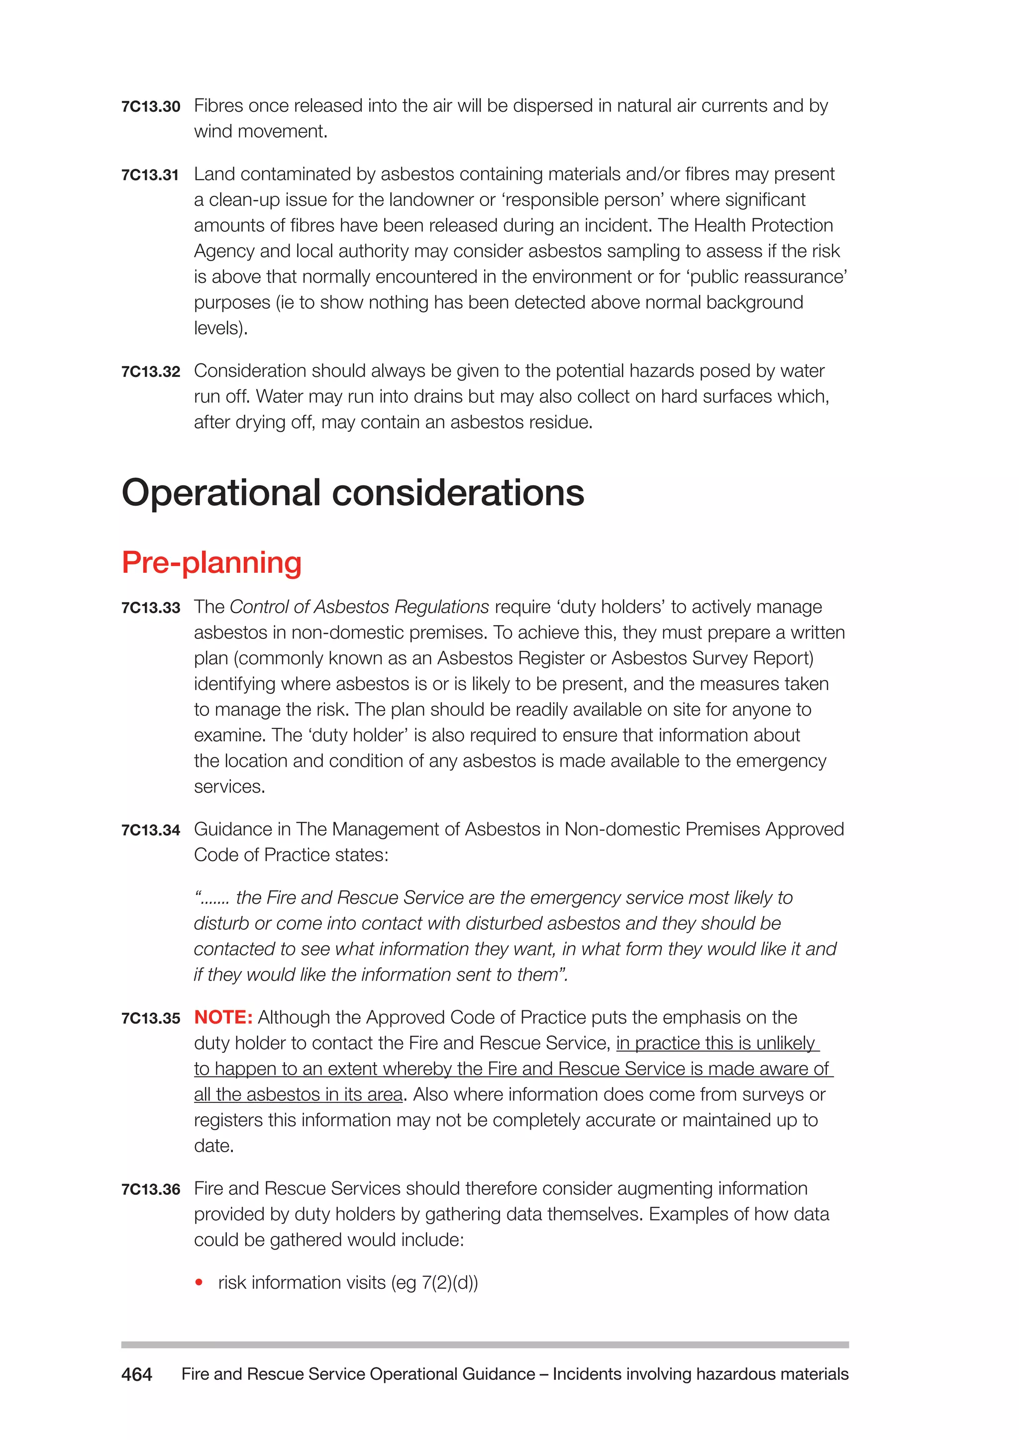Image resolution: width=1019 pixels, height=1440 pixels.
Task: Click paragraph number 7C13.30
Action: tap(151, 106)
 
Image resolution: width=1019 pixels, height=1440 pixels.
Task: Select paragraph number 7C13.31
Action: tap(151, 175)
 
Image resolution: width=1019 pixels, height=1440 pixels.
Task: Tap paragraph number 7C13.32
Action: tap(151, 372)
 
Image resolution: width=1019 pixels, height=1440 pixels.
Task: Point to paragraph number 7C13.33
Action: tap(151, 608)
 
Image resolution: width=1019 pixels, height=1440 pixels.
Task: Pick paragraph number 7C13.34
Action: tap(151, 830)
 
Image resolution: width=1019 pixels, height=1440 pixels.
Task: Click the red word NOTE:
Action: tap(223, 1017)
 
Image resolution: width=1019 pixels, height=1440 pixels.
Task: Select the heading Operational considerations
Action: tap(353, 493)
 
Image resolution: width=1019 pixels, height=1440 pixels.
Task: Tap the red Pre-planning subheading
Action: tap(211, 562)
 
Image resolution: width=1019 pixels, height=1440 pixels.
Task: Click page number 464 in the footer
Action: tap(137, 1375)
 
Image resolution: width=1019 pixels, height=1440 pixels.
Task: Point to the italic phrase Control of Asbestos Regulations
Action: tap(359, 607)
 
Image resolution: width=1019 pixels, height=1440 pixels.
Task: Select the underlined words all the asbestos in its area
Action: tap(298, 1094)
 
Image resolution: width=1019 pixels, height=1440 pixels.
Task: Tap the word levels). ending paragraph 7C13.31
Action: tap(221, 328)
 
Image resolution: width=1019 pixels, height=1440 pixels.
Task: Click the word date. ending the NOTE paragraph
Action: tap(214, 1146)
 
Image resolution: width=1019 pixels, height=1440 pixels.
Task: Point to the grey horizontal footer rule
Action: tap(485, 1345)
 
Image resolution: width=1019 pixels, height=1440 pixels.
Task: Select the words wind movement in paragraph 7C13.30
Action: tap(259, 132)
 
